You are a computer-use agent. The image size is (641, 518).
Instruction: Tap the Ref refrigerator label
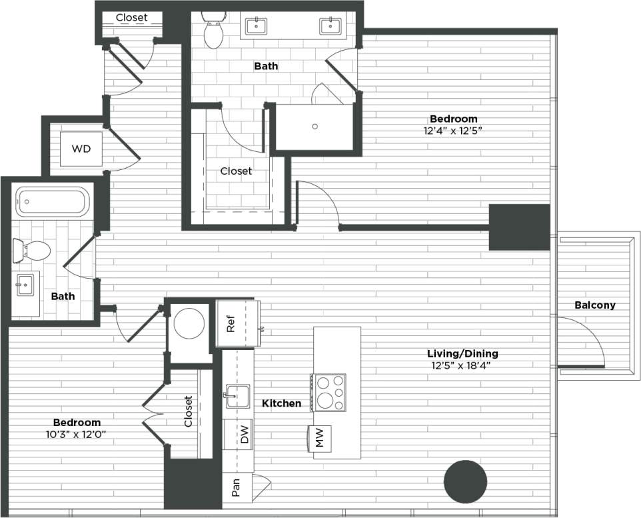click(x=231, y=323)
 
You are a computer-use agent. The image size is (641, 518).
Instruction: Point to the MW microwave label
click(x=319, y=437)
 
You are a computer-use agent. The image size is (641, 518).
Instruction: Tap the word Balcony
click(x=595, y=305)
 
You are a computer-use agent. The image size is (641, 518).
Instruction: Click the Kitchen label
click(x=281, y=403)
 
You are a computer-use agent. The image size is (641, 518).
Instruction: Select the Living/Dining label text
click(x=463, y=353)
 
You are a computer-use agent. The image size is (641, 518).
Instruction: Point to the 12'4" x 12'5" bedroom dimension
click(x=452, y=131)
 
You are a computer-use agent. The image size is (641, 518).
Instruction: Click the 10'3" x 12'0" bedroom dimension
click(x=77, y=434)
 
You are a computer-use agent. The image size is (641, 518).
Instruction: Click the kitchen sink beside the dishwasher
click(x=237, y=396)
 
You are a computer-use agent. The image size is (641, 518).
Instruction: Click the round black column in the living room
click(x=466, y=482)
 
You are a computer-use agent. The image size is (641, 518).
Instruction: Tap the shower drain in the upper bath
click(x=315, y=125)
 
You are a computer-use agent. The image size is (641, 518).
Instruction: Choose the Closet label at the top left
click(x=131, y=17)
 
